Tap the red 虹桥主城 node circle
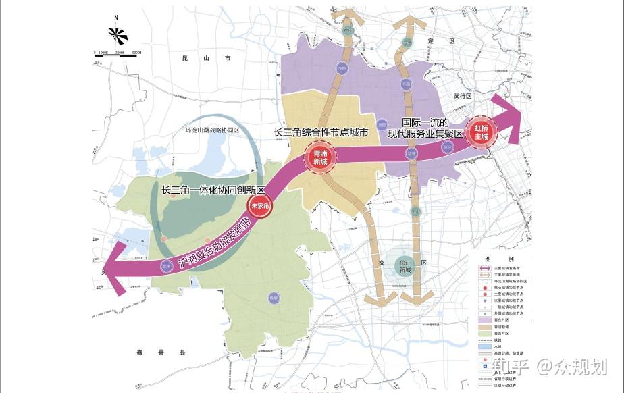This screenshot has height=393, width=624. click(x=481, y=131)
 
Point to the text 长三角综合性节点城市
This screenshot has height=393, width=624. click(x=321, y=133)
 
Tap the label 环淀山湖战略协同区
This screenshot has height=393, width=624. click(x=213, y=130)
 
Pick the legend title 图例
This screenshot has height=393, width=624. click(x=499, y=259)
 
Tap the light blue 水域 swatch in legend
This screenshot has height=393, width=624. click(x=484, y=346)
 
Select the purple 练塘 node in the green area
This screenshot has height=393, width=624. click(x=274, y=297)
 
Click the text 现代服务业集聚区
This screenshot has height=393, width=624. click(x=425, y=134)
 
